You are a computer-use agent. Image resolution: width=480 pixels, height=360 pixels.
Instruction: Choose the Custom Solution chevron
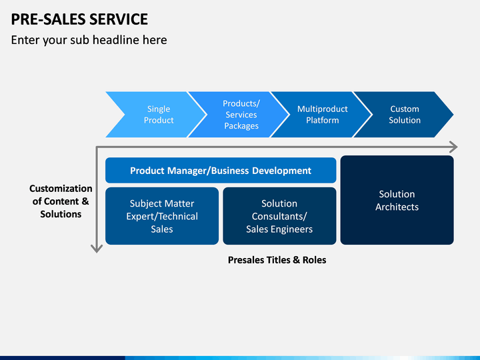click(405, 115)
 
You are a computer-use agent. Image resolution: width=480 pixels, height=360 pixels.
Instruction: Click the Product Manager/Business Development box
click(221, 171)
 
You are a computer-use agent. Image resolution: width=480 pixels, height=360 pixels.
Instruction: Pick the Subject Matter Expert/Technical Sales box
click(162, 216)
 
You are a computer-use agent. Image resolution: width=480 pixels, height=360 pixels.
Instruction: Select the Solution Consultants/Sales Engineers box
click(279, 216)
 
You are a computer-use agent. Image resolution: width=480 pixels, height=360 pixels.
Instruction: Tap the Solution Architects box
click(397, 200)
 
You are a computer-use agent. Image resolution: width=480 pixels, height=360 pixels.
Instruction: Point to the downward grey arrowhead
click(97, 249)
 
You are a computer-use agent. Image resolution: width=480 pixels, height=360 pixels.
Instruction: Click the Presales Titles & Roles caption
click(277, 260)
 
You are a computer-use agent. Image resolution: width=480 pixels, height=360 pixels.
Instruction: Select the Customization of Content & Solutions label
click(61, 201)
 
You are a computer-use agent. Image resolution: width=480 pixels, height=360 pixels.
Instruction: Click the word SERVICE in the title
click(119, 19)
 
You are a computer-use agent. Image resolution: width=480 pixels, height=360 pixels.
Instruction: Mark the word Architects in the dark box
click(397, 207)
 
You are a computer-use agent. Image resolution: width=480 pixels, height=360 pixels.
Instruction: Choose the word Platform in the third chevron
click(323, 120)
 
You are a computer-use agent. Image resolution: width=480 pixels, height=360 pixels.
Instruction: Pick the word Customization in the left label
click(61, 189)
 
